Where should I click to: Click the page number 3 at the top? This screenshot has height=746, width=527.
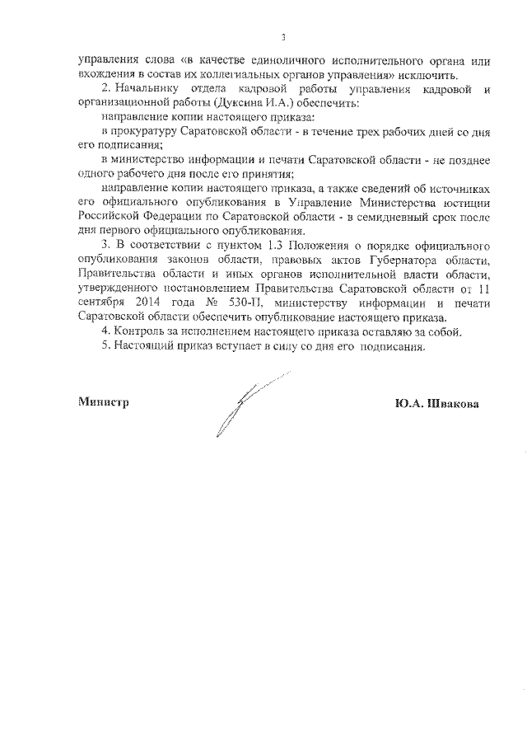[x=282, y=37]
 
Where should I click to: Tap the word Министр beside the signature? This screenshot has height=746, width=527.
[x=104, y=402]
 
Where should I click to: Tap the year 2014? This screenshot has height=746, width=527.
[x=139, y=302]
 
